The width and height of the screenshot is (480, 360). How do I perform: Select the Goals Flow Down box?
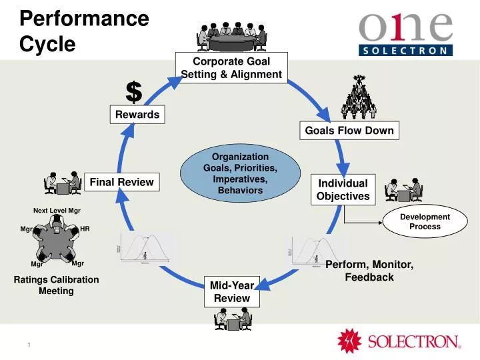(349, 131)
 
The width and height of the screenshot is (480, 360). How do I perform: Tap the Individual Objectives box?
(343, 189)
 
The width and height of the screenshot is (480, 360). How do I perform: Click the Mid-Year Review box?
(231, 291)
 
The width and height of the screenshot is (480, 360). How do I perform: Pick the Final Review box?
(121, 181)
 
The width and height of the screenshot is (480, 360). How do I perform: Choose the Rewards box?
(137, 114)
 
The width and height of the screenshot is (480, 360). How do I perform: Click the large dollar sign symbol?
(134, 92)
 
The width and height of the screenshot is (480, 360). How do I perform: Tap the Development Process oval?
(425, 221)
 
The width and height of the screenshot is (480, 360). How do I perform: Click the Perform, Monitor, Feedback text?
(369, 271)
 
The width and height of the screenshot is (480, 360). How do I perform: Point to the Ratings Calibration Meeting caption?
(56, 285)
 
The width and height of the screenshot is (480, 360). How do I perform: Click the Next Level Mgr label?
(57, 211)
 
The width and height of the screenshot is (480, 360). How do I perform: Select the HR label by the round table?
(85, 229)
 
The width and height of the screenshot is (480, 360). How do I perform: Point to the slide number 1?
(29, 344)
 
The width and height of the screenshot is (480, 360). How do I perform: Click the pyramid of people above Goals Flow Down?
(361, 97)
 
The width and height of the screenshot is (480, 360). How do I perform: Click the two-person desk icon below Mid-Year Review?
(232, 320)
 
